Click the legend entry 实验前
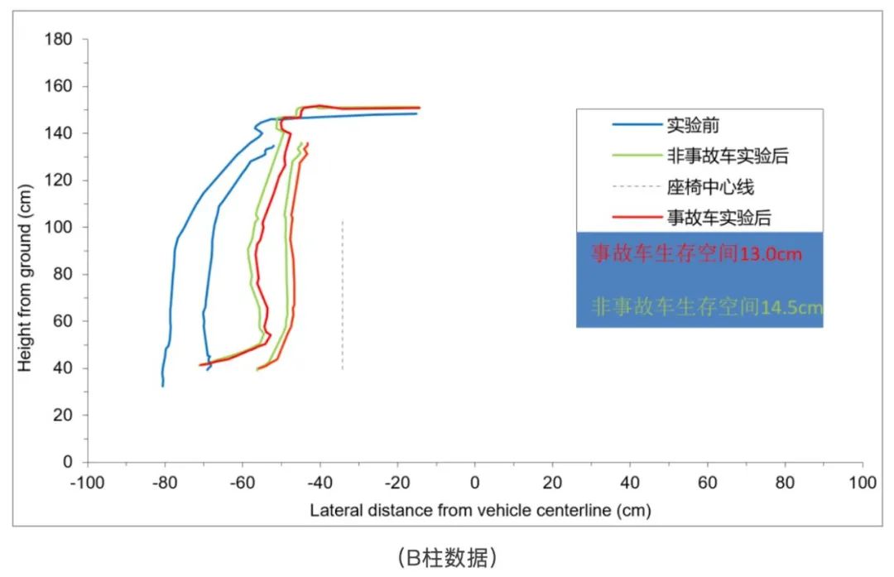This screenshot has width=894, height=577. click(693, 126)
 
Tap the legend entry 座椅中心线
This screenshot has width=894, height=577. click(710, 187)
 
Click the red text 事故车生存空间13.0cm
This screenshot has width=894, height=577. click(696, 254)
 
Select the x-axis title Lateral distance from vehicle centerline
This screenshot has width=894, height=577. click(480, 510)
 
